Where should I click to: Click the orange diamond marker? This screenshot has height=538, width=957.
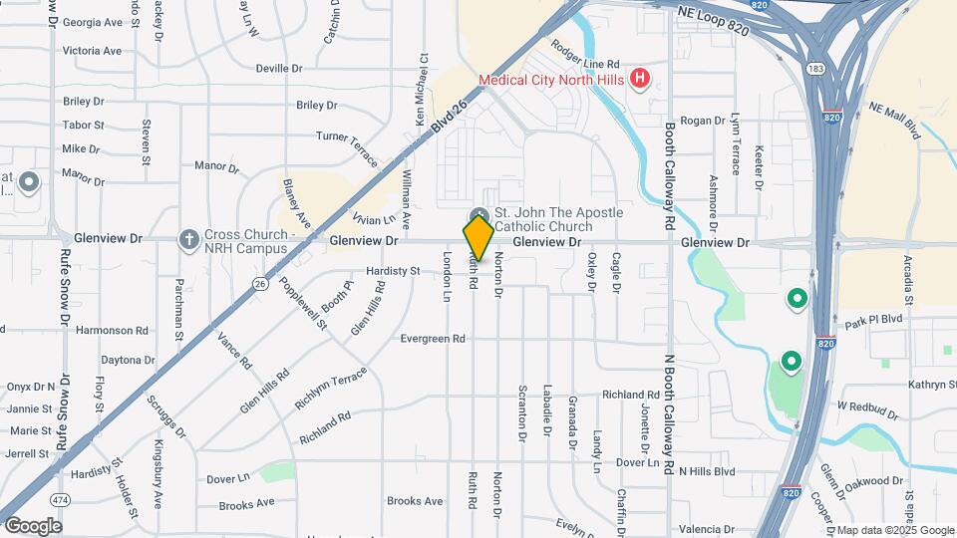[x=478, y=237]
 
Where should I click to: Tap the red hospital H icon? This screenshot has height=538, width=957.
[x=641, y=78]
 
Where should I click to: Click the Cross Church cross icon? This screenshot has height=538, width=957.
[x=187, y=239]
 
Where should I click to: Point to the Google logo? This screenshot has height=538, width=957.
[x=32, y=526]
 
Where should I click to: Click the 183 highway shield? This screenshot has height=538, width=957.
[x=815, y=68]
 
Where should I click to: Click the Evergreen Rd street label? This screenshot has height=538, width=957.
[x=433, y=339]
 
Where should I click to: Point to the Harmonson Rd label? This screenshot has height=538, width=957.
[x=112, y=330]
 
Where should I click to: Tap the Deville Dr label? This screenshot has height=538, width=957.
[x=279, y=68]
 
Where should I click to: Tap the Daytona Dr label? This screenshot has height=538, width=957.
[x=127, y=360]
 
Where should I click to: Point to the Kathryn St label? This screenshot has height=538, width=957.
[x=931, y=385]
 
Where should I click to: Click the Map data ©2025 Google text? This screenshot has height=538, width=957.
[x=894, y=530]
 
